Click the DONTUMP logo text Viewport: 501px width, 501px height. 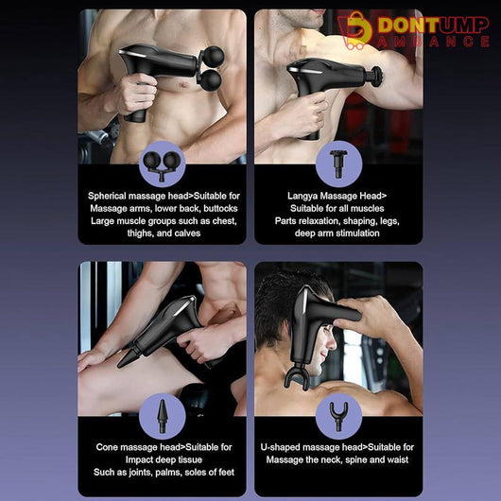pyautogui.click(x=434, y=26)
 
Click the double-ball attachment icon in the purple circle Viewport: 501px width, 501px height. pyautogui.click(x=162, y=166)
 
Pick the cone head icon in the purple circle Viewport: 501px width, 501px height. pyautogui.click(x=162, y=416)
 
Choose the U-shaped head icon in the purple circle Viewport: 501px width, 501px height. pyautogui.click(x=338, y=416)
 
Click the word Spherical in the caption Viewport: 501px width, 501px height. pyautogui.click(x=108, y=196)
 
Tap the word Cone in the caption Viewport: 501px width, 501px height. pyautogui.click(x=107, y=447)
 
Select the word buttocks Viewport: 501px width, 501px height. pyautogui.click(x=220, y=208)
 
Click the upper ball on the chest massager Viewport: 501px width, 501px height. pyautogui.click(x=214, y=56)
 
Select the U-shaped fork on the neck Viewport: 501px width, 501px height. pyautogui.click(x=297, y=378)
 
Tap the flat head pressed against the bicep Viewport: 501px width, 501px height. pyautogui.click(x=376, y=76)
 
